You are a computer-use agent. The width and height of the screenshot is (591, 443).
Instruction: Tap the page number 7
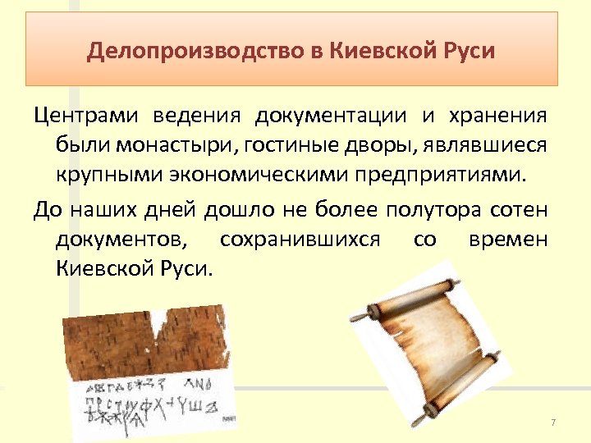pos(553,422)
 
